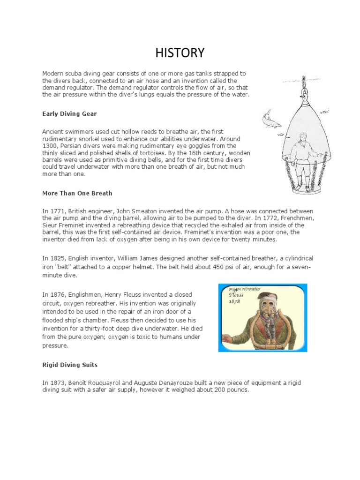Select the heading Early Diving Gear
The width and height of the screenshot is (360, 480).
[x=69, y=113]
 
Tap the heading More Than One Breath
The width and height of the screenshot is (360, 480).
[x=77, y=193]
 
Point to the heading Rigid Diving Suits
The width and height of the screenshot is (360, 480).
[x=70, y=364]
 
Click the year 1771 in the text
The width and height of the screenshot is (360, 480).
[x=56, y=211]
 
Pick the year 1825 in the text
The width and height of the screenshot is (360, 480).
[x=56, y=258]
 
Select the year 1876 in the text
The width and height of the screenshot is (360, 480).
[x=56, y=295]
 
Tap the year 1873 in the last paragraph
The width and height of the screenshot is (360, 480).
[x=56, y=383]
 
